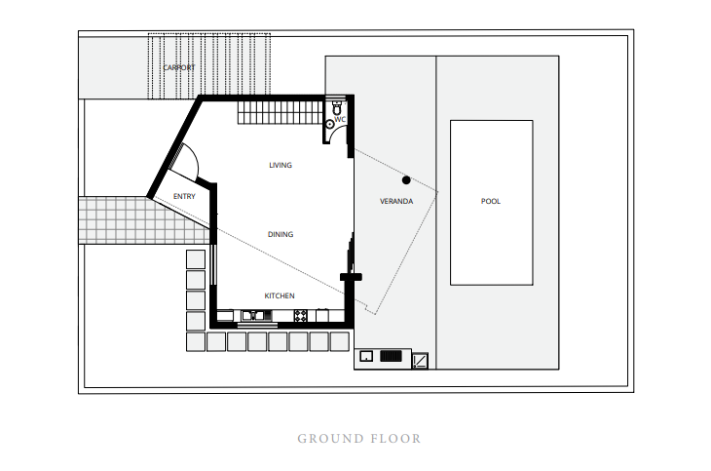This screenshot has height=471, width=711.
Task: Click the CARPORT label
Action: (x=178, y=67)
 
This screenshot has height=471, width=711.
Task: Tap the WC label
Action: (x=340, y=120)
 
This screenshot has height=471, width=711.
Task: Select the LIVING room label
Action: (x=281, y=166)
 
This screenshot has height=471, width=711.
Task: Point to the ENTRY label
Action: (x=183, y=196)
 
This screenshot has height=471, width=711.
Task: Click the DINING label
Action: (x=281, y=235)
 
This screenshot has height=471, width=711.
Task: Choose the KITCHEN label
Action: (x=280, y=295)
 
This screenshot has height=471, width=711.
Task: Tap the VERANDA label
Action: (x=396, y=202)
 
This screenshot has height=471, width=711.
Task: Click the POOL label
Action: (x=490, y=202)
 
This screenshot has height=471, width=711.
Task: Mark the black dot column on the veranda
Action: (x=406, y=179)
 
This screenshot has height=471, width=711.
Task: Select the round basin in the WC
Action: (x=330, y=124)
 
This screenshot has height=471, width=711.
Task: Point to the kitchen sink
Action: (x=250, y=315)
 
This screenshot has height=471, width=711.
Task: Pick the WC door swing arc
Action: (x=341, y=136)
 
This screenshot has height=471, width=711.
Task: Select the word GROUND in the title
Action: (x=329, y=439)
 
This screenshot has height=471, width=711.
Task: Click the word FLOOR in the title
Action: (x=395, y=439)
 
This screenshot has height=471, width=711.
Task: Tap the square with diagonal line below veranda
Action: (x=421, y=360)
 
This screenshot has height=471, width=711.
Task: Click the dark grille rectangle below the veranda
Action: (x=391, y=357)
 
